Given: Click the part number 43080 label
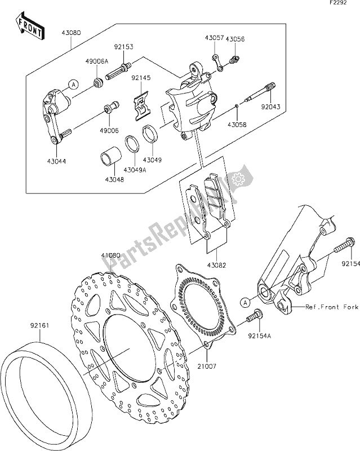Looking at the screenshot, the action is coord(71,33).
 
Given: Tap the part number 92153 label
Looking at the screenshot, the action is coord(123,47).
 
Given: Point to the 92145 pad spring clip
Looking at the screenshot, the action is coord(142,105).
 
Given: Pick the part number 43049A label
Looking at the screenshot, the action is coord(135,170).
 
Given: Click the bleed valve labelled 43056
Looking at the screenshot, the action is coord(235,60).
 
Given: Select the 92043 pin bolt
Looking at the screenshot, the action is coord(260,92).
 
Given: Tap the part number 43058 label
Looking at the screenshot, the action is coord(237,125).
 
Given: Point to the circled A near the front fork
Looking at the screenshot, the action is coord(245,302).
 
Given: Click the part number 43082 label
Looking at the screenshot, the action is coord(216,265).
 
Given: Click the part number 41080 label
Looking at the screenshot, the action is coord(110,255).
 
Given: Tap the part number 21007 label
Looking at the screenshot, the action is coord(206,366).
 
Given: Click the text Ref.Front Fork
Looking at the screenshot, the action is coord(331,307).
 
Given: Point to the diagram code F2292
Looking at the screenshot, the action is coord(338,3).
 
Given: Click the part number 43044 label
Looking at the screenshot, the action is coord(57,161).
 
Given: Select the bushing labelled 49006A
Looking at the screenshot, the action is coord(99,82).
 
